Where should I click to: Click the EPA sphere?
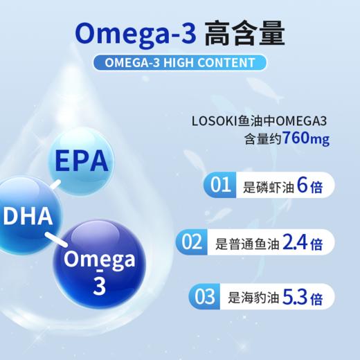(x=81, y=162)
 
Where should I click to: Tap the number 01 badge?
(x=220, y=186)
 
